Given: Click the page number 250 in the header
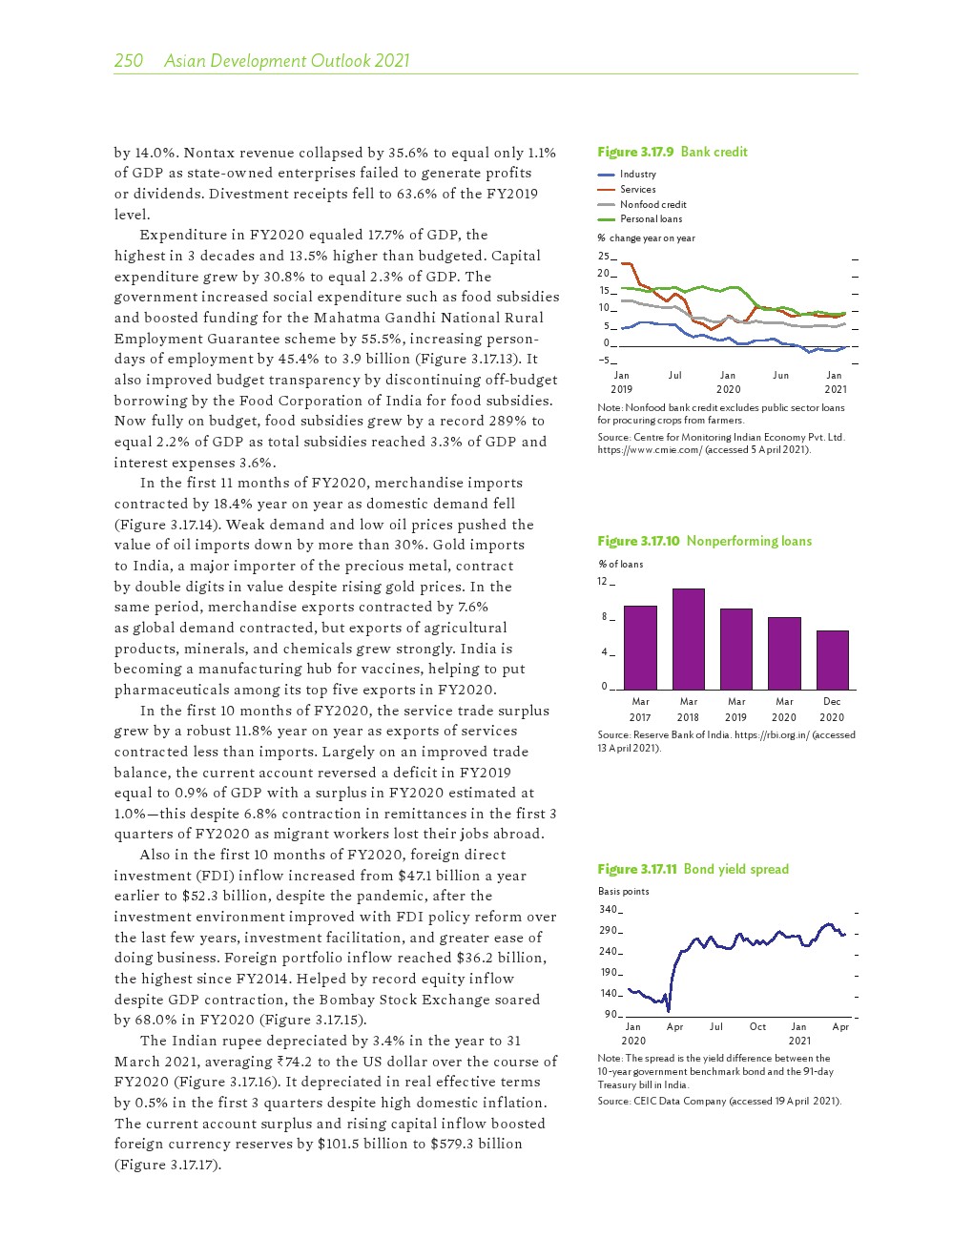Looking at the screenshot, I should (x=128, y=61).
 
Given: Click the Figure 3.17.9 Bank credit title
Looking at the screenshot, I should (x=673, y=152).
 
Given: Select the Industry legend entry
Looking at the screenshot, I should (x=637, y=175).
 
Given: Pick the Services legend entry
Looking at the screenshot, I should (x=637, y=190).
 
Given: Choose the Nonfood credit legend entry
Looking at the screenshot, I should (x=652, y=204).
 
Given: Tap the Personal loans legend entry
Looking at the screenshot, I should (x=651, y=219).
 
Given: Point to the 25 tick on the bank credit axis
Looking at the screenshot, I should (x=603, y=257).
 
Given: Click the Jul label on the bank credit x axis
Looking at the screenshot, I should (x=675, y=376).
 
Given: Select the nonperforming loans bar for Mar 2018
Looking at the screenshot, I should (x=689, y=638).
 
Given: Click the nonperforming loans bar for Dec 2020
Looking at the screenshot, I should (x=832, y=659).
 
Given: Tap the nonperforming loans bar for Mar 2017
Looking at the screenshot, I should (x=640, y=647).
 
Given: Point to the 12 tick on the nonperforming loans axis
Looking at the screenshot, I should (x=603, y=582).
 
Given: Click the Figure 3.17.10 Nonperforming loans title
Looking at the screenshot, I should (x=704, y=541).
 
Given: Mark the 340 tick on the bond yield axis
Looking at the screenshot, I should (x=609, y=910).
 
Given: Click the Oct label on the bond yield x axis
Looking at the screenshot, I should (x=757, y=1027).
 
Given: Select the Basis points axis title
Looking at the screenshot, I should (x=623, y=892).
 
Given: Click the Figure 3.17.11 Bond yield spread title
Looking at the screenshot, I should (x=693, y=869).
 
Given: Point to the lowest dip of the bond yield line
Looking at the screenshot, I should (x=668, y=1010).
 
